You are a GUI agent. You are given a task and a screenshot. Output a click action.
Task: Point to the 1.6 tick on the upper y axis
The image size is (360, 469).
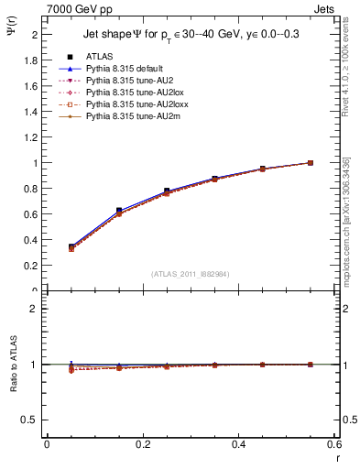click(31, 86)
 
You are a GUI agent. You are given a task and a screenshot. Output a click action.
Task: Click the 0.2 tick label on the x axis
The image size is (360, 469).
click(143, 444)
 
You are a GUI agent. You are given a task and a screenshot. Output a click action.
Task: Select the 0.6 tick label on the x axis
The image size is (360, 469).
click(335, 444)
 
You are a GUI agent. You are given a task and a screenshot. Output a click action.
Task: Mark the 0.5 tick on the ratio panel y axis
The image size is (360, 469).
click(31, 420)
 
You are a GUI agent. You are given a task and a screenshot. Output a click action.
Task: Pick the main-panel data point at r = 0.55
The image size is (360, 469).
click(311, 163)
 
